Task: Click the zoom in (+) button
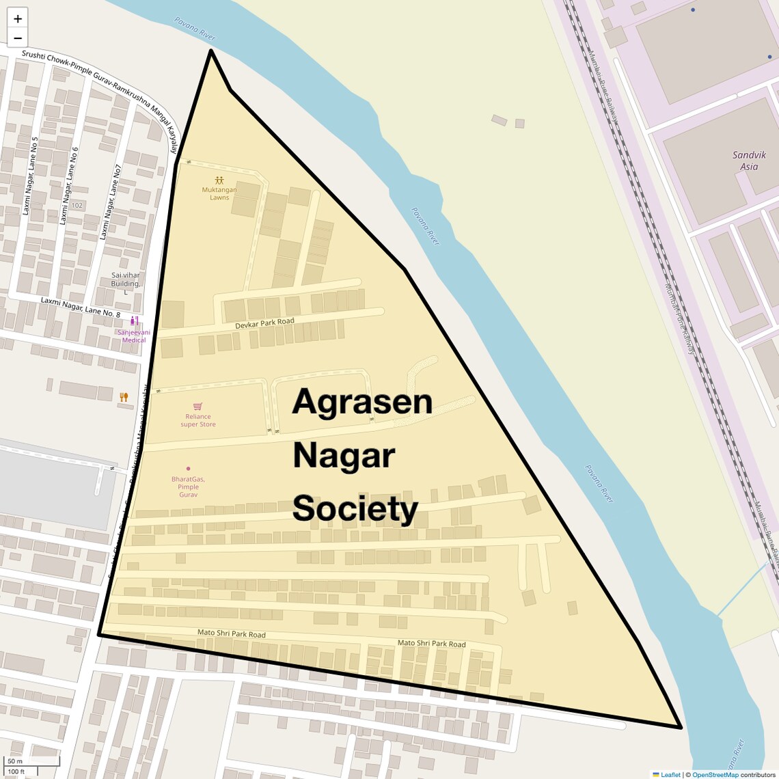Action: [18, 19]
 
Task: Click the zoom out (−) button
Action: [18, 38]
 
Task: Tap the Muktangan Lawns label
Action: [219, 193]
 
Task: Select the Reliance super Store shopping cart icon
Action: [197, 407]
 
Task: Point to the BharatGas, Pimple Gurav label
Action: [188, 487]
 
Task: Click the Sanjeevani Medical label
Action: [134, 336]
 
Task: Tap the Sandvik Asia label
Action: [749, 161]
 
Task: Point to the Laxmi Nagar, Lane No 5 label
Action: [31, 176]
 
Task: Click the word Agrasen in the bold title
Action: [362, 402]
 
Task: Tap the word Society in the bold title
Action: [355, 509]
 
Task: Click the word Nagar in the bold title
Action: [344, 456]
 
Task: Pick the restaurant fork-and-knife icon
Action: [124, 397]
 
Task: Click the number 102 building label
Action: [77, 205]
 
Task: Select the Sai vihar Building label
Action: [126, 279]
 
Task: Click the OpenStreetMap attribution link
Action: [715, 774]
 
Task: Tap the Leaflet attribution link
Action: [670, 774]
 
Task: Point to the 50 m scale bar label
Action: [15, 761]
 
